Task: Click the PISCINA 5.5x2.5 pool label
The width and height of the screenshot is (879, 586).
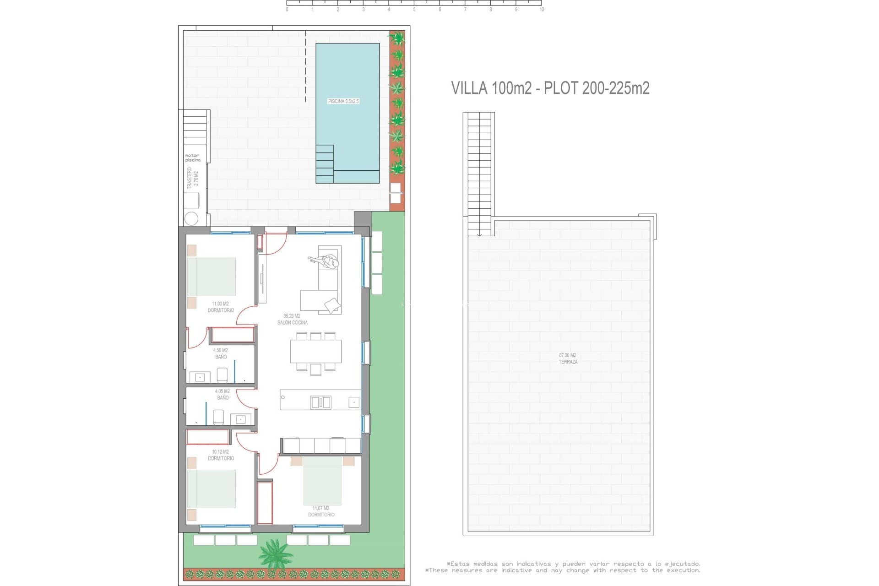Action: [x=343, y=101]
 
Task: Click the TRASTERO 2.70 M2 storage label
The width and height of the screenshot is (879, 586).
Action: [x=193, y=178]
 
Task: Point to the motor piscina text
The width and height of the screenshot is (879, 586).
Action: [x=193, y=158]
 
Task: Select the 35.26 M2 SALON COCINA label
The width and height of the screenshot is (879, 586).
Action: [x=292, y=319]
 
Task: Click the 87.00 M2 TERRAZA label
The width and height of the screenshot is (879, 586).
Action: [x=568, y=358]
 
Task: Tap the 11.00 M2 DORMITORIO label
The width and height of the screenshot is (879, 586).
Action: [x=221, y=307]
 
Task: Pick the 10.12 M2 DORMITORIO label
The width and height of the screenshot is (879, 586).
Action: [x=221, y=455]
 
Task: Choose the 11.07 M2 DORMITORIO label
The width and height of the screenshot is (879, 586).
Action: [x=321, y=511]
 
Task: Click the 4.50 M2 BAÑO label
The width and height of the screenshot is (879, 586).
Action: [x=221, y=353]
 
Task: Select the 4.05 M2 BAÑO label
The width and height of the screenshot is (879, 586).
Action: [x=222, y=394]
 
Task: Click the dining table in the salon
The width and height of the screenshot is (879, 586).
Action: [x=315, y=351]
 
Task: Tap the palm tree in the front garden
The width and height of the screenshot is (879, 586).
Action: [x=275, y=553]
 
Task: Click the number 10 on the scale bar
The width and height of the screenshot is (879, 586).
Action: [x=542, y=10]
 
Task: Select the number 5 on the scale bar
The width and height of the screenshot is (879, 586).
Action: [x=414, y=10]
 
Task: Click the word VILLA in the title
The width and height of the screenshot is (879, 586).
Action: [x=469, y=88]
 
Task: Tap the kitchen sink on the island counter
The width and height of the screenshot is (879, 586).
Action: [x=320, y=403]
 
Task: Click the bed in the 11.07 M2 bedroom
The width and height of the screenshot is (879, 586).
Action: [x=322, y=480]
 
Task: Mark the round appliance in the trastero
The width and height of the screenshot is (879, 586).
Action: [x=191, y=218]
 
